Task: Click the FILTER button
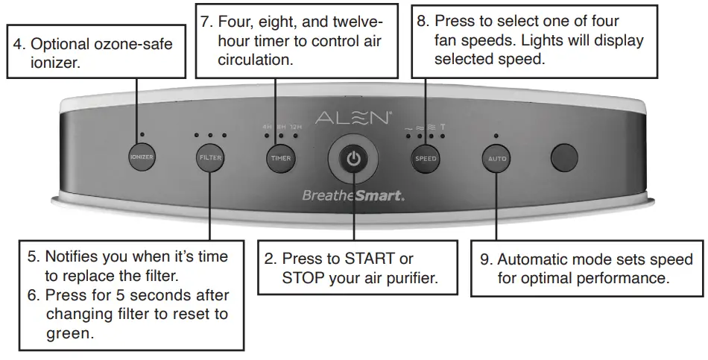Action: (209, 158)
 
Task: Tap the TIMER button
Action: (280, 158)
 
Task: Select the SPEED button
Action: (426, 158)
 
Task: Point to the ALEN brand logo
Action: (353, 118)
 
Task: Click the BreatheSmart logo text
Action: (353, 197)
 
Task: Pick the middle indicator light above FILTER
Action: (209, 136)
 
